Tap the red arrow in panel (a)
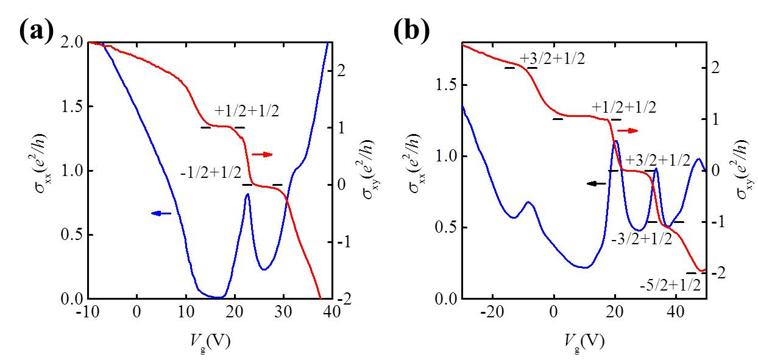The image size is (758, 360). [263, 155]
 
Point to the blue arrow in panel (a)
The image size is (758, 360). [161, 213]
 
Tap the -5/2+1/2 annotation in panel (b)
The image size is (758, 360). [670, 284]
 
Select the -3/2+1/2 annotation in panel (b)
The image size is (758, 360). [640, 239]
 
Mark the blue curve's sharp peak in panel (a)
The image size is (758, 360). [247, 194]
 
